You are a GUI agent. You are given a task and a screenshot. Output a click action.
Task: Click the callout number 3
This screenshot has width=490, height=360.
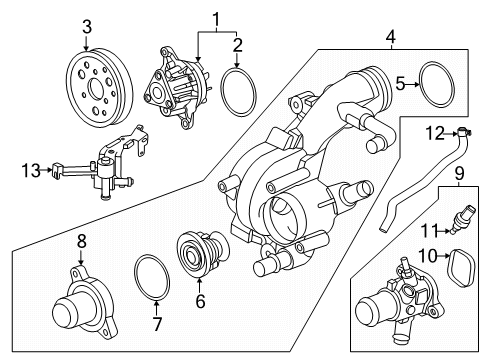pyautogui.click(x=87, y=25)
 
